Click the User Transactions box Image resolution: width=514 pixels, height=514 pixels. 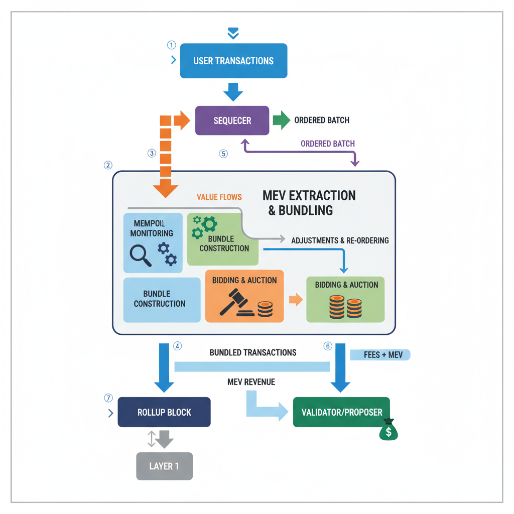tap(233, 61)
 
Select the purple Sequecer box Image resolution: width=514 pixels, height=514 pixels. tap(232, 120)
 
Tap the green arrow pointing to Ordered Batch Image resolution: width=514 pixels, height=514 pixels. tap(281, 120)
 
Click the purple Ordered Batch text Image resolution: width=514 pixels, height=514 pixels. tap(327, 144)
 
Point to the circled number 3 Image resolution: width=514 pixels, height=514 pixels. tap(152, 153)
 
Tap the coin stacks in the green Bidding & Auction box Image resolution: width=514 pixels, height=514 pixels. tap(346, 307)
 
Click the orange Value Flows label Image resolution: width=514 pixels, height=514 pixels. tap(219, 197)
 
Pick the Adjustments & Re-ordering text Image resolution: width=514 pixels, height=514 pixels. tap(340, 240)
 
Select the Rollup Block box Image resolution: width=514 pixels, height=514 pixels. tap(164, 413)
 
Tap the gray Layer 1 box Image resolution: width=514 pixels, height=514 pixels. tap(164, 466)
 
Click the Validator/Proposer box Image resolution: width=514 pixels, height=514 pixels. tap(341, 413)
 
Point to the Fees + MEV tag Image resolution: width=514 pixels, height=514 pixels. tap(379, 355)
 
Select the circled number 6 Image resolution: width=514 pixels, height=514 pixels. tap(328, 346)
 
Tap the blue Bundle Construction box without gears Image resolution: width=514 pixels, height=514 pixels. tap(160, 299)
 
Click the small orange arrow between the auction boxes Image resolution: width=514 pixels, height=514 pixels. tap(296, 300)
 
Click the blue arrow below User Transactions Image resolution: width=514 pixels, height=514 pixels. tap(233, 92)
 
